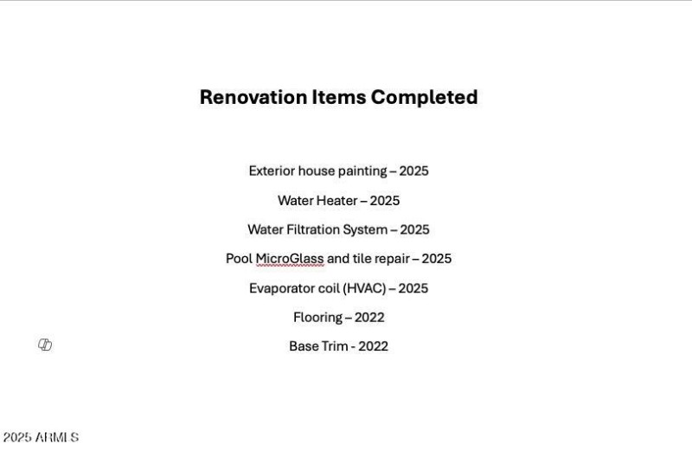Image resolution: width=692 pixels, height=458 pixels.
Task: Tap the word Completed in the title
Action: (424, 97)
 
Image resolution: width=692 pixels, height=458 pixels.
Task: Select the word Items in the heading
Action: (338, 97)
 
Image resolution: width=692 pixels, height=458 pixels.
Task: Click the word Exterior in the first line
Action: (272, 171)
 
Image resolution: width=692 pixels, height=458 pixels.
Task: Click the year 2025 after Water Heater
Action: (385, 200)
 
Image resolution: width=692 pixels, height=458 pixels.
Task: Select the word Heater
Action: (336, 200)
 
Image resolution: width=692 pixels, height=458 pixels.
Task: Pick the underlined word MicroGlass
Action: (290, 259)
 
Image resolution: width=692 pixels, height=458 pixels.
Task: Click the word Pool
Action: (239, 259)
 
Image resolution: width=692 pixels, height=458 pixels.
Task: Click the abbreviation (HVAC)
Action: (364, 288)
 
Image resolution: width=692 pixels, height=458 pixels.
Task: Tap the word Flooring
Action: (317, 317)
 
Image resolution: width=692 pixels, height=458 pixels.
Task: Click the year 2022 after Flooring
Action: (369, 317)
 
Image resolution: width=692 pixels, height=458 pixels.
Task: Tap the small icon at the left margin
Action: (45, 345)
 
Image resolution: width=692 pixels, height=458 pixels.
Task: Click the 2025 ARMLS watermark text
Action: (41, 438)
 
